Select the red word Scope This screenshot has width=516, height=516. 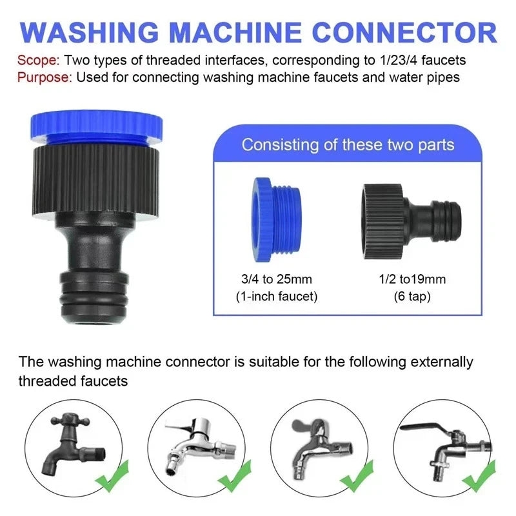click(x=38, y=61)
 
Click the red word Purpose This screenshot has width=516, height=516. click(x=45, y=77)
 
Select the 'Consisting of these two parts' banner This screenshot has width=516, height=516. click(x=348, y=144)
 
